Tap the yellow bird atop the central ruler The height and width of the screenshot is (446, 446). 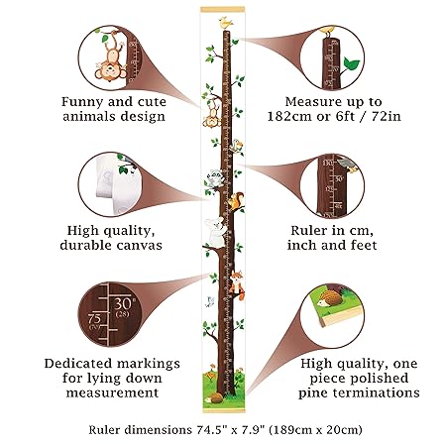coord(227,19)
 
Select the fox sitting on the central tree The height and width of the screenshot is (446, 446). coord(238,282)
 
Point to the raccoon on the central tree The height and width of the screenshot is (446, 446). coord(213,178)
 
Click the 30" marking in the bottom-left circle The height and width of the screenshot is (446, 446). coord(123,301)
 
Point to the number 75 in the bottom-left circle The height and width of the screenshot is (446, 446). coord(96,319)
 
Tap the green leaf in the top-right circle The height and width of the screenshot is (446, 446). coord(350,63)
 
